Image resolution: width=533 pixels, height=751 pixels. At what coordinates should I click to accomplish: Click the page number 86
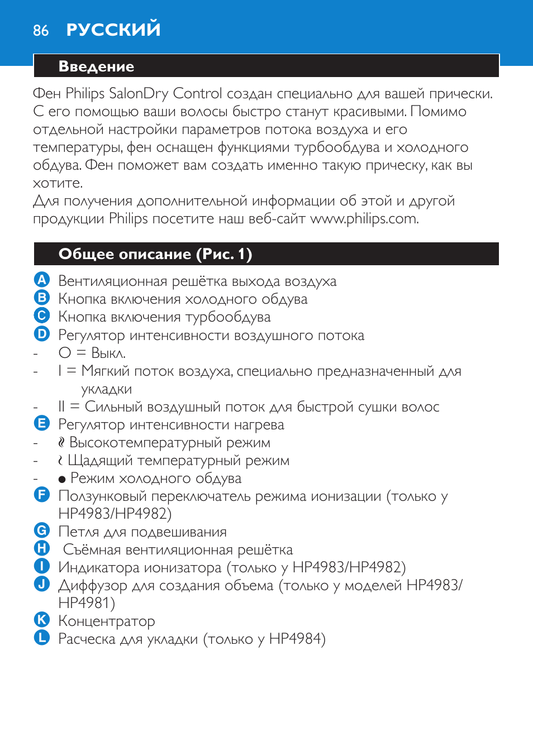[41, 31]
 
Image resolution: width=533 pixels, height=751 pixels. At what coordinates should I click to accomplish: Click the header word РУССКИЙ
[113, 30]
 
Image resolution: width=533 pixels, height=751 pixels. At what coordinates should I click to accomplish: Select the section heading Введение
[96, 66]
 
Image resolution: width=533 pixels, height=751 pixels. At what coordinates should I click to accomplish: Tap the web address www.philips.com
[364, 218]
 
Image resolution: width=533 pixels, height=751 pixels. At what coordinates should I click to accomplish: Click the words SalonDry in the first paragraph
[137, 93]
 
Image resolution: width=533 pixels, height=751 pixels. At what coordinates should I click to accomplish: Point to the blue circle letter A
[42, 280]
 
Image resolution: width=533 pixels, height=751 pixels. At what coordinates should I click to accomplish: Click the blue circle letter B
[42, 298]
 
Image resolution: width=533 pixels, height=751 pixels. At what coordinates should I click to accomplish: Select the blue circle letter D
[42, 334]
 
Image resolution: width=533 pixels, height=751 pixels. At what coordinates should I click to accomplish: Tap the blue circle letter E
[42, 423]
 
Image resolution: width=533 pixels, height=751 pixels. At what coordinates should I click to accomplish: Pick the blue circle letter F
[42, 495]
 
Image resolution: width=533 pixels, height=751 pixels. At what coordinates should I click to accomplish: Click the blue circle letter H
[42, 548]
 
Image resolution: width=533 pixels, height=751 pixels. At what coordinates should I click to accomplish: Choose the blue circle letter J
[42, 584]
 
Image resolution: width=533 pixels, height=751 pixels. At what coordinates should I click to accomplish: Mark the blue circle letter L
[42, 638]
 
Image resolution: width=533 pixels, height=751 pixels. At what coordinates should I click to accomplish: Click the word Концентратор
[107, 621]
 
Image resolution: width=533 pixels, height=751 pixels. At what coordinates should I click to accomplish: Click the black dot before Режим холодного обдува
[62, 479]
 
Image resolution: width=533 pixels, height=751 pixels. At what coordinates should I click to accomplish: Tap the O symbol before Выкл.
[65, 353]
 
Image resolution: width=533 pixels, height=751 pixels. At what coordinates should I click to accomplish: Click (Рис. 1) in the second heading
[223, 254]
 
